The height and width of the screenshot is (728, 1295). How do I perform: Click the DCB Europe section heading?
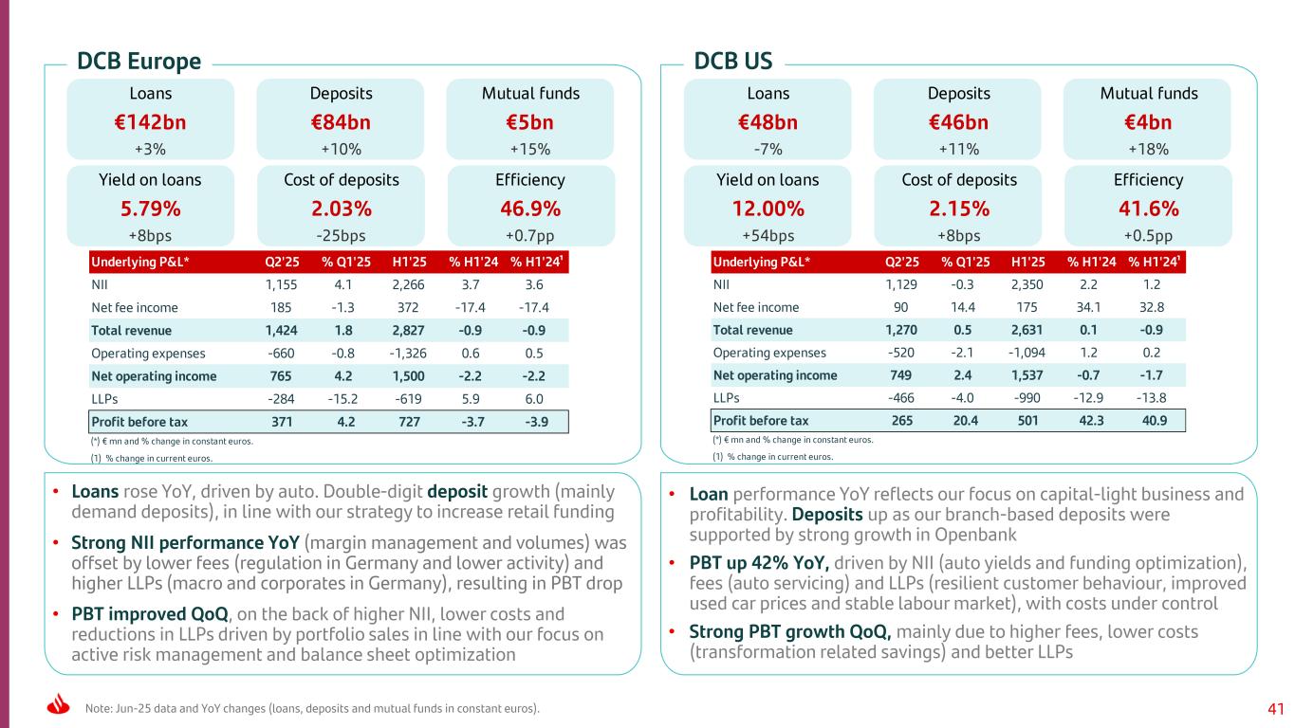pos(139,62)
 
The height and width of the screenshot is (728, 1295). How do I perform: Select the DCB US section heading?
pos(733,62)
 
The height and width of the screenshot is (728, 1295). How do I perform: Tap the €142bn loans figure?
pos(150,122)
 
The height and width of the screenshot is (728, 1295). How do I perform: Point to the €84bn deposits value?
pos(341,122)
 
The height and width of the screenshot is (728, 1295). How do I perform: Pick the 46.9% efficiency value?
pos(530,209)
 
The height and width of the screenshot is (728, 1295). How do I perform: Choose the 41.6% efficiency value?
pos(1148,209)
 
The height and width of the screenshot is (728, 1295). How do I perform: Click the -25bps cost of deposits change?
pos(341,235)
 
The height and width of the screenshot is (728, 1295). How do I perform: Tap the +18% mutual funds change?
pos(1148,149)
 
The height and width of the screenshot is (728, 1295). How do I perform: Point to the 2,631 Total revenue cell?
pos(1028,330)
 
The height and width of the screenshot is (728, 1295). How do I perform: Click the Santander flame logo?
pos(58,706)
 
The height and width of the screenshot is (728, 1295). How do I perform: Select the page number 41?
pos(1275,708)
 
